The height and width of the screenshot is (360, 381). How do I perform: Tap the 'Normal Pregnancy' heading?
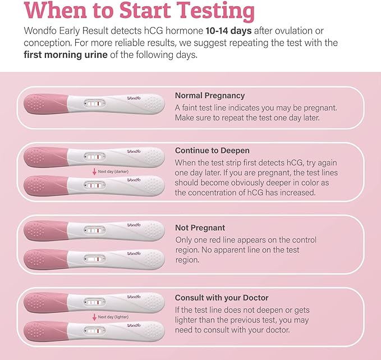pos(209,95)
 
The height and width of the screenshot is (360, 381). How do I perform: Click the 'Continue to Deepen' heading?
pos(212,151)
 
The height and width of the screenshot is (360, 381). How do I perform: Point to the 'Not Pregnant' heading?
pos(200,228)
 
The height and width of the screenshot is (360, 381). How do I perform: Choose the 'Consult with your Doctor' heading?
pos(222,298)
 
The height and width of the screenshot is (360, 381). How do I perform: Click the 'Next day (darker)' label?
pos(112,171)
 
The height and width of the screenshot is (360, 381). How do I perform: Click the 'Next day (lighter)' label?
pos(112,317)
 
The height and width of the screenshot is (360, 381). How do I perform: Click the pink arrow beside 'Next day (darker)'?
pos(94,171)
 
